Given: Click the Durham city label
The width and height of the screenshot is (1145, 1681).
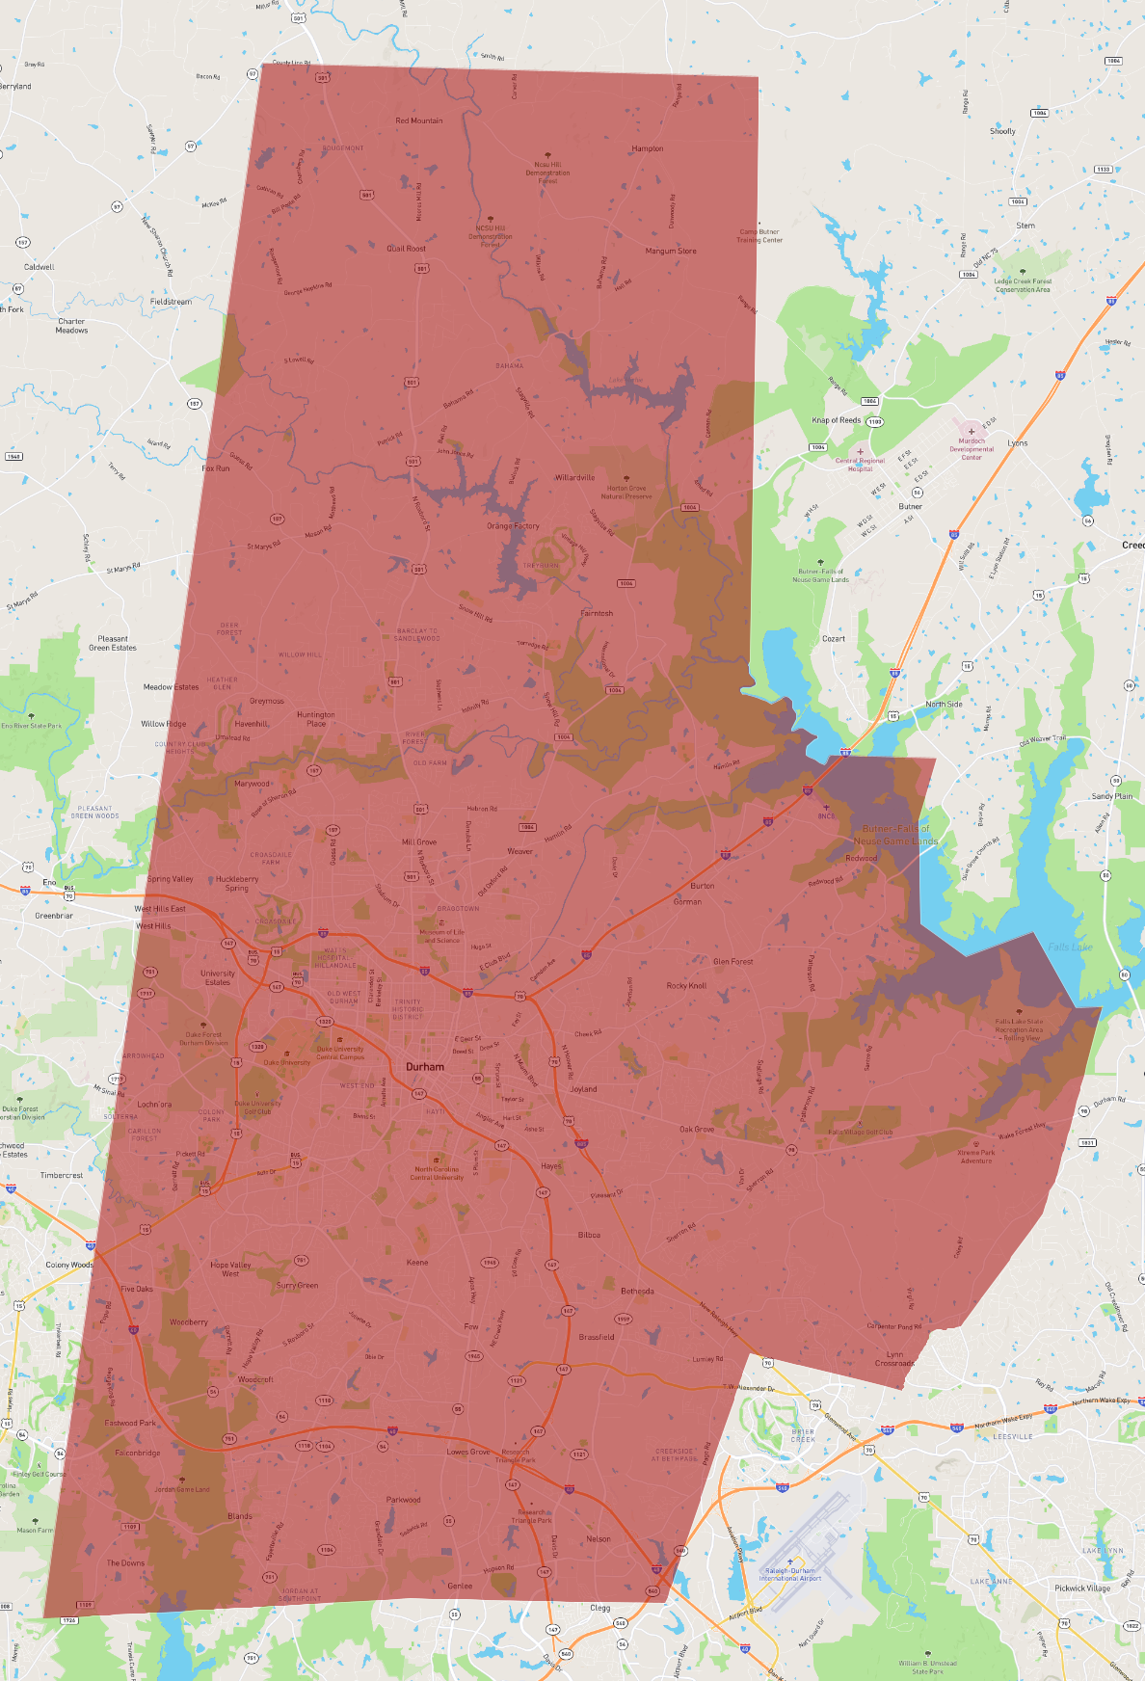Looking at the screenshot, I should coord(425,1067).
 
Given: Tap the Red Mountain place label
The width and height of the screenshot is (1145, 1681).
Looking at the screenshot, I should coord(419,120).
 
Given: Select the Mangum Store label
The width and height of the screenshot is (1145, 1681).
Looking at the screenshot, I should coord(671,251).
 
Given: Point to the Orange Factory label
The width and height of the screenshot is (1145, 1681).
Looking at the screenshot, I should coord(513,526).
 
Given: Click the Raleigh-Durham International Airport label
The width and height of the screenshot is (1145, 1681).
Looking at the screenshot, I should coord(790,1574).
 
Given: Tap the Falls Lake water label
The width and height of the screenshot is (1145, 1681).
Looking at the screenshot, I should coord(1070,947).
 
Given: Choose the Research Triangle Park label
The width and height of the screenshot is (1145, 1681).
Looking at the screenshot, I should coord(516,1455).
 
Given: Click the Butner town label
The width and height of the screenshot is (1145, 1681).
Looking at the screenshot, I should coord(911,506).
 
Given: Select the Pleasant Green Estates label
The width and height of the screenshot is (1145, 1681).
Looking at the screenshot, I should coord(113,643).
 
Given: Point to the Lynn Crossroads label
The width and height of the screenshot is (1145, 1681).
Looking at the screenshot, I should coord(894,1359).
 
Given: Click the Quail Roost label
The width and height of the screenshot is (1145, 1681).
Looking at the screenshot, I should coord(406,249).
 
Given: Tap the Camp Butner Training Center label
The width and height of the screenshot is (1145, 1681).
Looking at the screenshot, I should coord(759,236).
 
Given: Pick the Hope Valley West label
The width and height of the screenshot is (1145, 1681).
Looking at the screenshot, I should coord(230,1268).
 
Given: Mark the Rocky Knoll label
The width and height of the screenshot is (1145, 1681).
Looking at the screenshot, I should coord(686,986).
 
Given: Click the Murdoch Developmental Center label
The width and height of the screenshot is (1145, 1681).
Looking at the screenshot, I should coord(972,449).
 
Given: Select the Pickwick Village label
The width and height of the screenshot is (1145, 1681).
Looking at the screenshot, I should coord(1082,1588).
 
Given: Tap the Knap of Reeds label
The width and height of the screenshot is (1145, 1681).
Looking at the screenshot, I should coord(836,420).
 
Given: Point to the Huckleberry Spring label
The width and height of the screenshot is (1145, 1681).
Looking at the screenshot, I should coord(237,883).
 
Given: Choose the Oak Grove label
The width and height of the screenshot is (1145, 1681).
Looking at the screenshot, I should coord(697,1129).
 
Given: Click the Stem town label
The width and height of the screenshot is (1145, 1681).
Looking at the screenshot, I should coord(1025,226).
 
